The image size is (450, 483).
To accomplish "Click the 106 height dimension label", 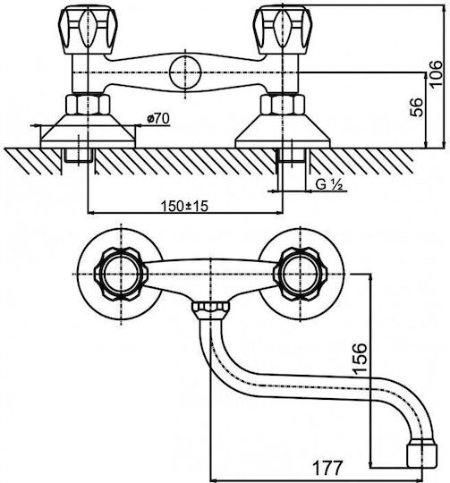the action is coord(437,75).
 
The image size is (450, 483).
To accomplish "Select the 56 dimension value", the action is coord(416,107).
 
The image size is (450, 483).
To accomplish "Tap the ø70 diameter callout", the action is coord(158,118).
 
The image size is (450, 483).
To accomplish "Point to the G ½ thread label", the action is coord(329,184).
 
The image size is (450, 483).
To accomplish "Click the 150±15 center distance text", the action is coord(184,206).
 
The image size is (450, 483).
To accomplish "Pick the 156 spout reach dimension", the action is coord(360,359).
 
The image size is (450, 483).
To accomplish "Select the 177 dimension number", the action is coord(327,468).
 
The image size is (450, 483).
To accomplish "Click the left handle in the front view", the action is coord(88,31).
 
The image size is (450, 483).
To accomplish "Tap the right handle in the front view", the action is coord(282,30).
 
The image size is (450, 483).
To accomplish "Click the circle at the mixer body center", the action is coord(185,72).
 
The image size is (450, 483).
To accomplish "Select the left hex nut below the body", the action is coord(88,105).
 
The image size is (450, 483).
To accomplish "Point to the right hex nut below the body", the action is coord(283,105).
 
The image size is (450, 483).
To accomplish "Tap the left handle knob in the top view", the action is coord(121,274).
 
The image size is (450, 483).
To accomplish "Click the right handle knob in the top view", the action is coord(301,274).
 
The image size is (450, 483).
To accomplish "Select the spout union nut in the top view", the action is coord(210,308).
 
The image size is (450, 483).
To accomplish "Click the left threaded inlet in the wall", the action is coord(79,156).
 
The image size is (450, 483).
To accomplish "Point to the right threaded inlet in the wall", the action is coord(292,156).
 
